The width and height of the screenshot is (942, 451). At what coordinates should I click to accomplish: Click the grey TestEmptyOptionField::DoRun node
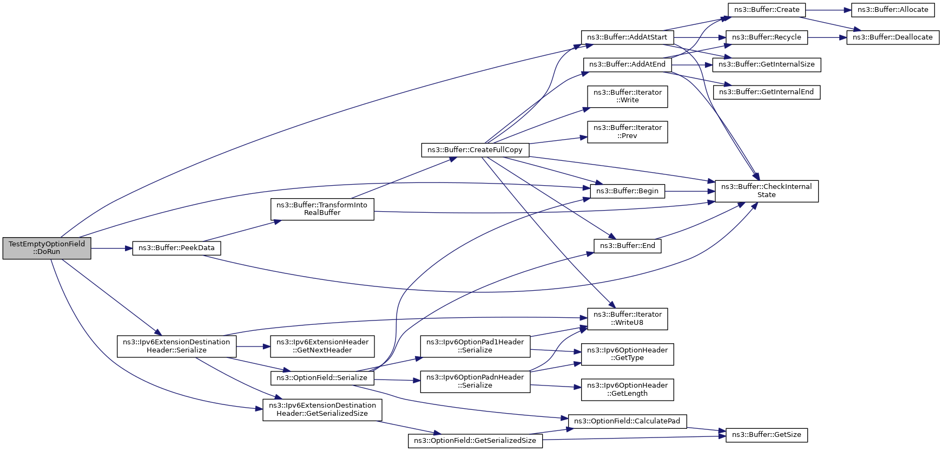[x=47, y=248]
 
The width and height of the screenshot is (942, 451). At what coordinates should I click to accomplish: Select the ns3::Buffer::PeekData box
[x=176, y=248]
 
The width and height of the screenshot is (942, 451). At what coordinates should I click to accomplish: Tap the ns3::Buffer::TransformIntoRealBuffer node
[x=322, y=209]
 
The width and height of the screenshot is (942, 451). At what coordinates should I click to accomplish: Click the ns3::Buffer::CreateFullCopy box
[x=475, y=150]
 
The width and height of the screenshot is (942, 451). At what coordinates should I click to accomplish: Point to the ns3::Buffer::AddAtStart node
[x=627, y=37]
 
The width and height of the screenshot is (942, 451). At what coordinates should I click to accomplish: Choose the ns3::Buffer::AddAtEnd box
[x=627, y=64]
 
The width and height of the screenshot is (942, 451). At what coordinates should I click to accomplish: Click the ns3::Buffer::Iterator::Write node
[x=627, y=96]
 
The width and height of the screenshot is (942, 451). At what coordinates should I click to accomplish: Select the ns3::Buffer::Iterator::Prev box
[x=627, y=132]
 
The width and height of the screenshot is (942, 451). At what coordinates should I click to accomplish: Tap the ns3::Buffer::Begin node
[x=627, y=191]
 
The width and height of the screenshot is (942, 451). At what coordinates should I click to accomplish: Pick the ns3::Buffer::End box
[x=627, y=246]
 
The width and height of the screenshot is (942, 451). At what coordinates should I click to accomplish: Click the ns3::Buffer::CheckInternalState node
[x=766, y=191]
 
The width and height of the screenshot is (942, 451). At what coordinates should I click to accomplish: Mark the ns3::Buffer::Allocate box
[x=893, y=10]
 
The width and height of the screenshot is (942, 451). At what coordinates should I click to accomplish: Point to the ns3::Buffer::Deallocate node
[x=893, y=37]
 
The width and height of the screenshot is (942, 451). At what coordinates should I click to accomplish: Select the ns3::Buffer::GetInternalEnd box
[x=766, y=92]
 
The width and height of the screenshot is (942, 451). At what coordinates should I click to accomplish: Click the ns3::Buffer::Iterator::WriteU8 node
[x=627, y=318]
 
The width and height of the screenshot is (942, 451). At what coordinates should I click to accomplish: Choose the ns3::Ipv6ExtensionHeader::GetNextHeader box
[x=322, y=346]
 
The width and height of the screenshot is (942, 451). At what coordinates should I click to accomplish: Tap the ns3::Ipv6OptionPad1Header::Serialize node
[x=475, y=346]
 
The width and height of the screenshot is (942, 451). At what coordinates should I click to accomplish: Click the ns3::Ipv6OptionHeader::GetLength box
[x=627, y=389]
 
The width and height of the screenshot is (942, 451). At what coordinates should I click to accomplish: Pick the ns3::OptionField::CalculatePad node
[x=627, y=421]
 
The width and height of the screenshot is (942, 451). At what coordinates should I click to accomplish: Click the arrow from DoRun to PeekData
[x=111, y=249]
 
